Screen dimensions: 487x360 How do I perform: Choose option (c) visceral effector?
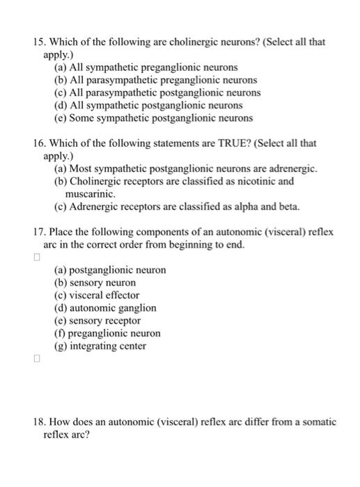click(97, 295)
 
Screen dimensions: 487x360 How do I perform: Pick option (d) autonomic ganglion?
click(105, 308)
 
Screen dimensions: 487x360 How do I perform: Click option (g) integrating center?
click(100, 346)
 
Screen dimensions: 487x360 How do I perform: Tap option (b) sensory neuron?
click(95, 282)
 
